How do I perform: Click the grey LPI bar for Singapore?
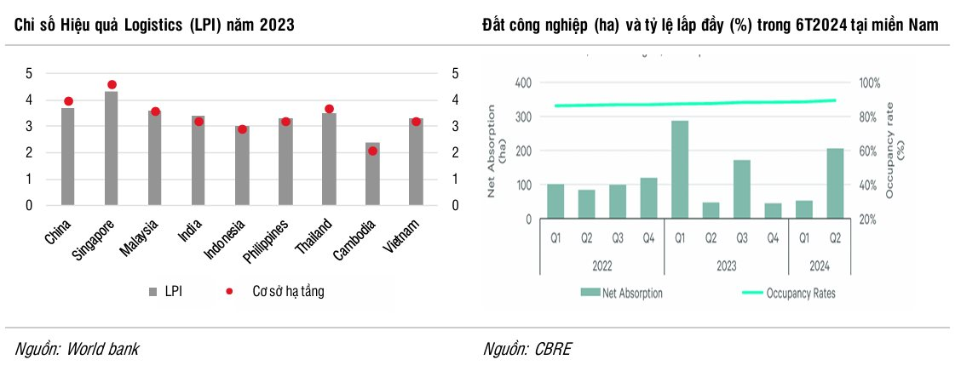(x=111, y=148)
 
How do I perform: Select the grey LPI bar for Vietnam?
(x=415, y=162)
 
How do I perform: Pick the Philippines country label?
(x=268, y=241)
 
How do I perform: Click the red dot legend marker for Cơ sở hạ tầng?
(x=229, y=292)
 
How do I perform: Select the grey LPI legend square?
(x=153, y=292)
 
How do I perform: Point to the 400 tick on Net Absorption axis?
(x=522, y=83)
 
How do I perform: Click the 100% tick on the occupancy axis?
(x=868, y=83)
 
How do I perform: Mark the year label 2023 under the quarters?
(x=726, y=266)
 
